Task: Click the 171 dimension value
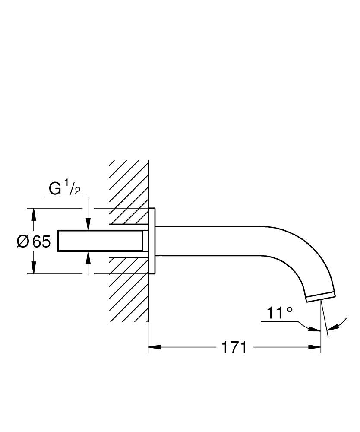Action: (234, 347)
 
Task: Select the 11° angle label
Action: (279, 313)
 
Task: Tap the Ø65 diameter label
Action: (34, 241)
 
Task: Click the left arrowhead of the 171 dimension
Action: (154, 347)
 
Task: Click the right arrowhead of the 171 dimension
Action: (315, 347)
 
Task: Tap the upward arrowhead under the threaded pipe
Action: (88, 257)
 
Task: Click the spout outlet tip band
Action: (320, 297)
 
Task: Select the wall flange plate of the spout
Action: (152, 241)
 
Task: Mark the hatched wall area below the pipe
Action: (127, 294)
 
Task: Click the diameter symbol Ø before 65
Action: (23, 241)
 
